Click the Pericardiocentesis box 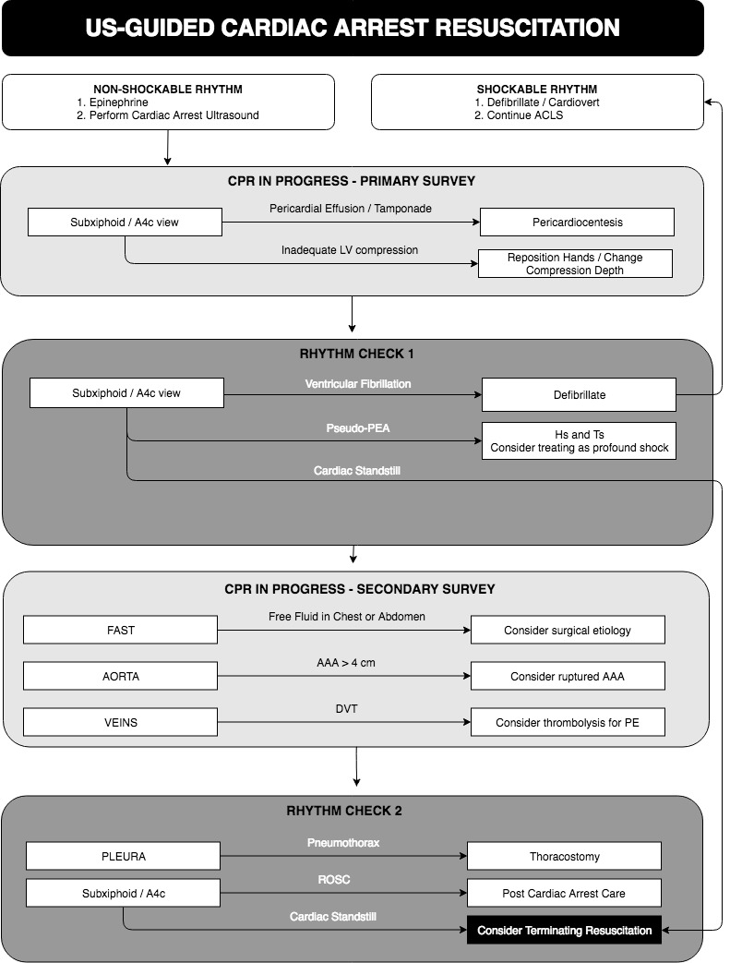[x=577, y=223]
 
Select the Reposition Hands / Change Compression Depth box [x=575, y=263]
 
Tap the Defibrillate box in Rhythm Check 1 [x=579, y=395]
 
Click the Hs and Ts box [x=579, y=441]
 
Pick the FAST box [x=120, y=630]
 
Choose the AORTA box [x=120, y=676]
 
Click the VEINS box [x=120, y=722]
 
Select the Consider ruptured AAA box [x=568, y=676]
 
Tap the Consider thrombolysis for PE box [x=568, y=722]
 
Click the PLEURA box [x=123, y=856]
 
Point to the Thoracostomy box [x=564, y=856]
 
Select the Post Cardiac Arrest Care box [x=564, y=893]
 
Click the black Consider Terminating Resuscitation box [x=564, y=931]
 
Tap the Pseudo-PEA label [x=358, y=428]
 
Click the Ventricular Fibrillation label [x=358, y=384]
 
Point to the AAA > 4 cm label [x=346, y=663]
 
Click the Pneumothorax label [x=343, y=843]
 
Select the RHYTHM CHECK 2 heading [x=344, y=811]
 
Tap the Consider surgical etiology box [x=568, y=630]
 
